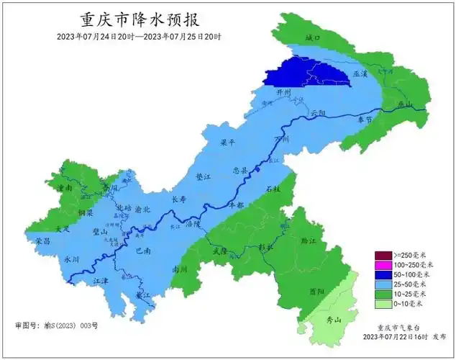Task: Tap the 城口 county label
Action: pos(311,37)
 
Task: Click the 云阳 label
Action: pos(318,114)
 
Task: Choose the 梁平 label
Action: pos(228,143)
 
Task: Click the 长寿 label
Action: pos(180,199)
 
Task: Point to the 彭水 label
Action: pos(266,247)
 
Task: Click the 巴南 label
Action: pos(142,252)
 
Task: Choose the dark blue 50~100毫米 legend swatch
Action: pos(382,274)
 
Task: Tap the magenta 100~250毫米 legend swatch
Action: pos(382,265)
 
